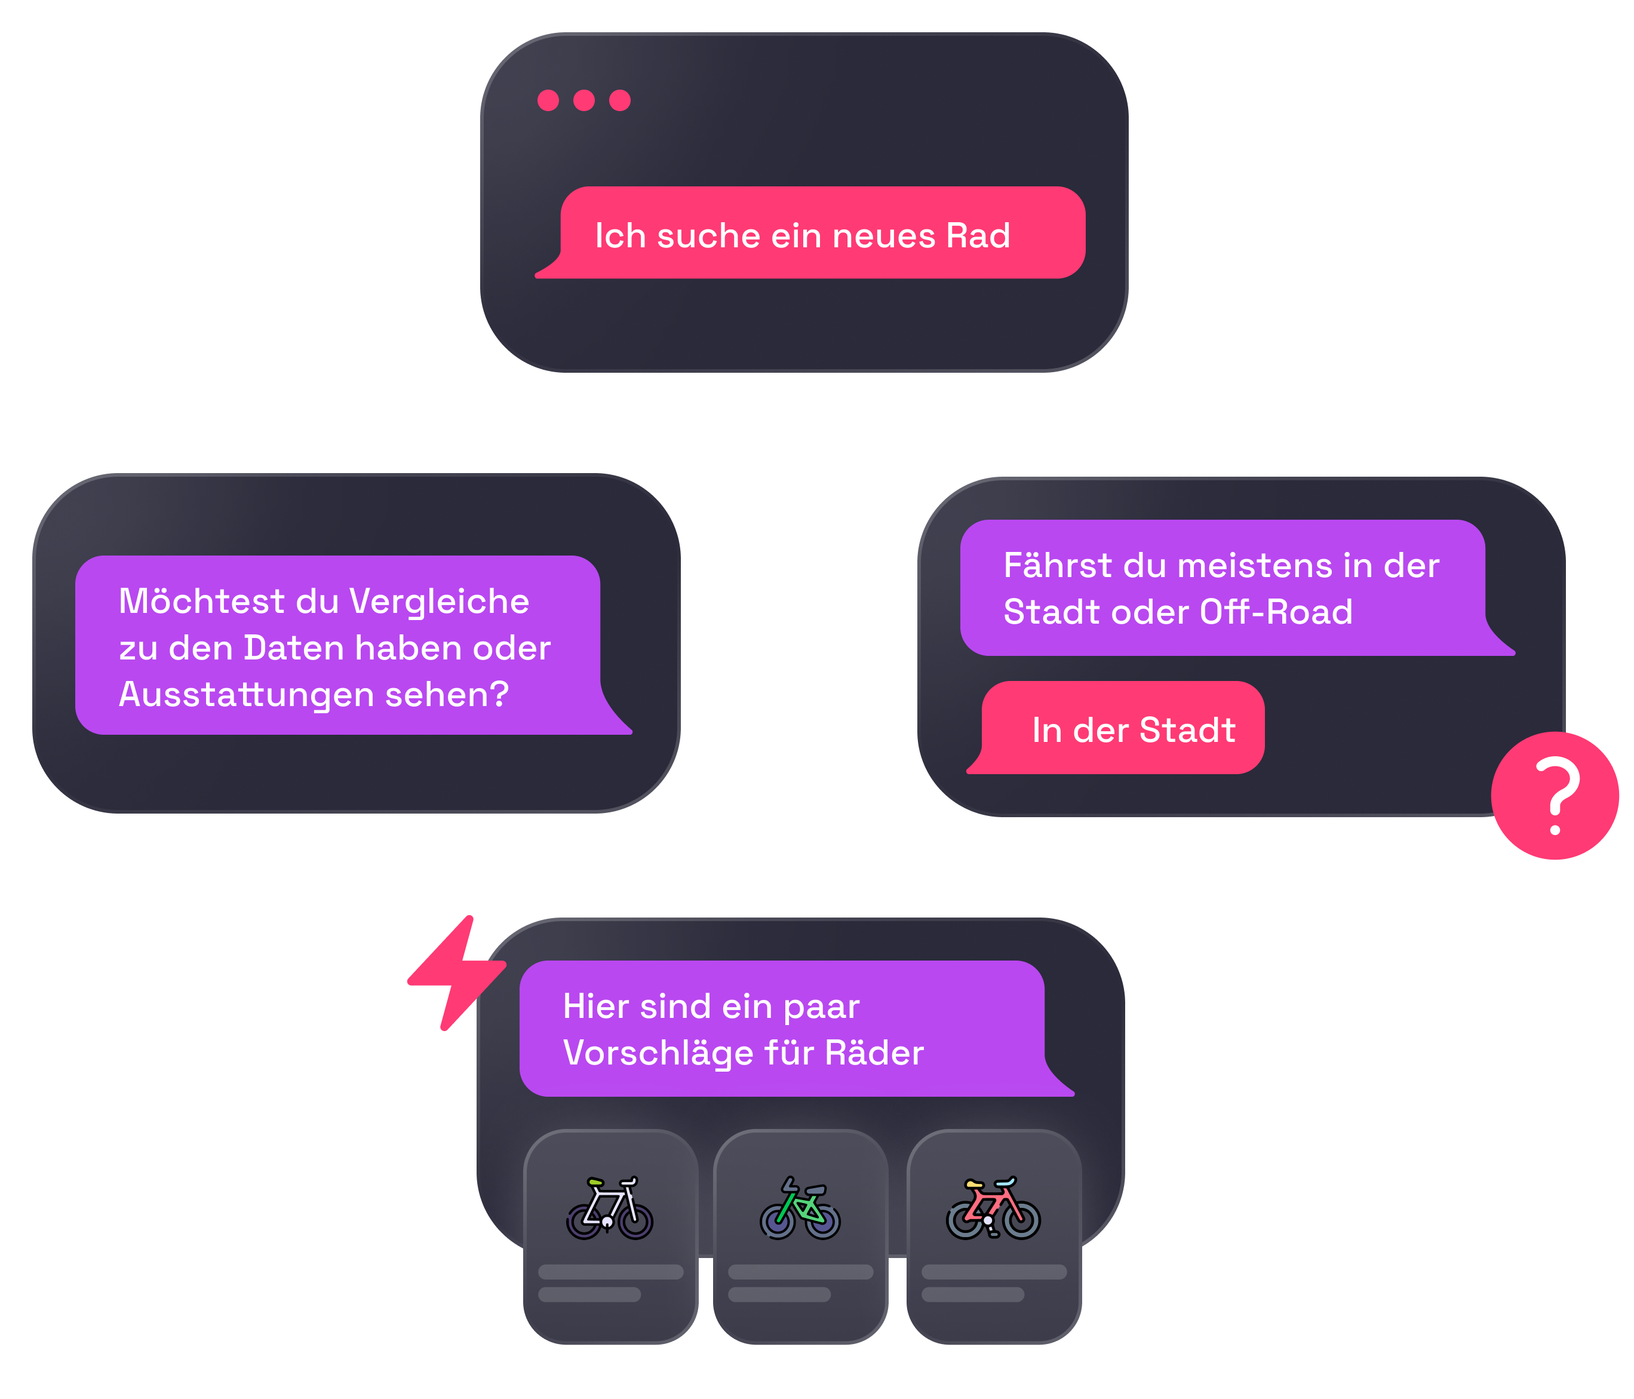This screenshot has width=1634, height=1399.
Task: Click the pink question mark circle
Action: (1555, 796)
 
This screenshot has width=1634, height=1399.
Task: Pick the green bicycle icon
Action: (800, 1209)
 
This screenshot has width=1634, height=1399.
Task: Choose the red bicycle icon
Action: (993, 1208)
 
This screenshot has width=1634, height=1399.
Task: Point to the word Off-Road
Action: (1276, 612)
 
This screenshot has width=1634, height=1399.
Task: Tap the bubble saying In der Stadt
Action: (1122, 729)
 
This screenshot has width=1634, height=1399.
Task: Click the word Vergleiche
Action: (438, 602)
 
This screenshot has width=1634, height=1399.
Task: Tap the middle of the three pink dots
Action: (584, 100)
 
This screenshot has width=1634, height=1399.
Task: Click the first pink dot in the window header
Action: (548, 100)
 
